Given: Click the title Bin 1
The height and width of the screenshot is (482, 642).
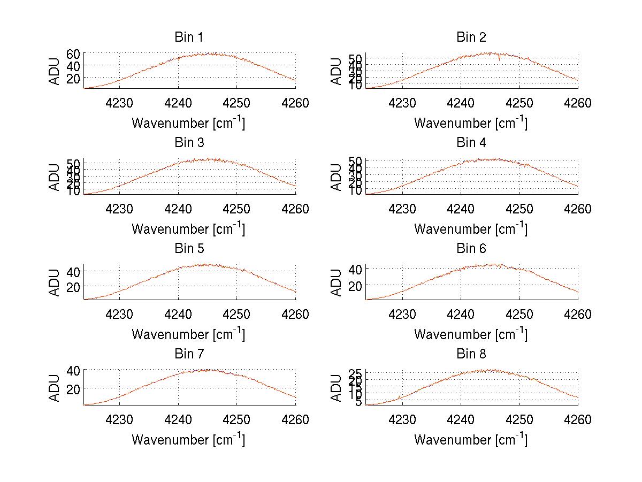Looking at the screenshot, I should click(x=189, y=37).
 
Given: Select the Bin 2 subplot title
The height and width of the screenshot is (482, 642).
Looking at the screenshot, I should click(x=471, y=37).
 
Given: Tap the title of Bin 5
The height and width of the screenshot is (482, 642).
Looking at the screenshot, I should click(x=189, y=248).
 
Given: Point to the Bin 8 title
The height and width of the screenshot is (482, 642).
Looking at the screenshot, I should click(x=471, y=354).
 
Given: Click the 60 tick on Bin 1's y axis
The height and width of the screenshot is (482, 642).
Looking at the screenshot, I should click(x=73, y=53).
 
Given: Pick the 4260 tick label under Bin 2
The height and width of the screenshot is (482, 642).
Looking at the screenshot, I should click(x=578, y=103).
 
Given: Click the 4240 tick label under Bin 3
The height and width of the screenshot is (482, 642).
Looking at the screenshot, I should click(x=178, y=209).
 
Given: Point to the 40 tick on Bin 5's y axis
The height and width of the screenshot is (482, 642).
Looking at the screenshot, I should click(x=73, y=271).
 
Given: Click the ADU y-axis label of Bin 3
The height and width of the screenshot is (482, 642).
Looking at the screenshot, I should click(x=55, y=177).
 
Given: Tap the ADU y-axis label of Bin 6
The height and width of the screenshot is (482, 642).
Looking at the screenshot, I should click(x=337, y=282).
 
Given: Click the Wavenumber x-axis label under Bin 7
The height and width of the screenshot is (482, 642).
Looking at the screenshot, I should click(x=188, y=440).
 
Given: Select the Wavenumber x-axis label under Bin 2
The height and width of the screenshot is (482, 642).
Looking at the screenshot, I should click(x=471, y=123).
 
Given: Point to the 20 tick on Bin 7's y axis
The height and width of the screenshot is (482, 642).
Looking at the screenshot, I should click(x=73, y=388).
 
